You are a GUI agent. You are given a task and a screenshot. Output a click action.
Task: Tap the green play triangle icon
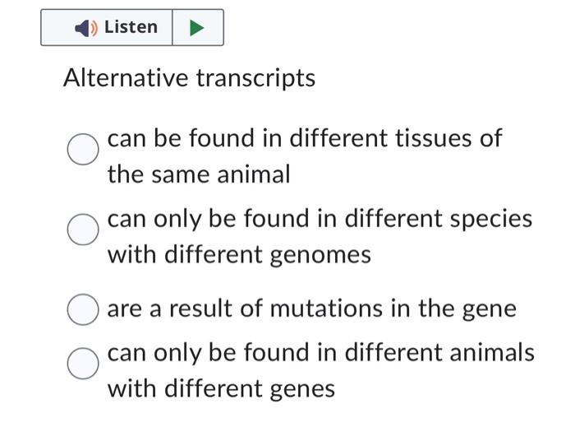point(197,28)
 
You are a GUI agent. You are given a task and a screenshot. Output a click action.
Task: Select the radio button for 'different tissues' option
point(83,150)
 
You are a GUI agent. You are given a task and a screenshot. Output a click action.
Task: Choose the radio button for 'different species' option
point(83,230)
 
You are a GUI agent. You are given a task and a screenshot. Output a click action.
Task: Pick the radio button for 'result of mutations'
point(83,309)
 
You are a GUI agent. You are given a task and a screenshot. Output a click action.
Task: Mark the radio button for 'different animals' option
point(83,363)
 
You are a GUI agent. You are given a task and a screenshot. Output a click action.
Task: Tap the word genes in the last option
point(301,388)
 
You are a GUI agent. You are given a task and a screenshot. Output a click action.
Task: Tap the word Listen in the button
point(131,27)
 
